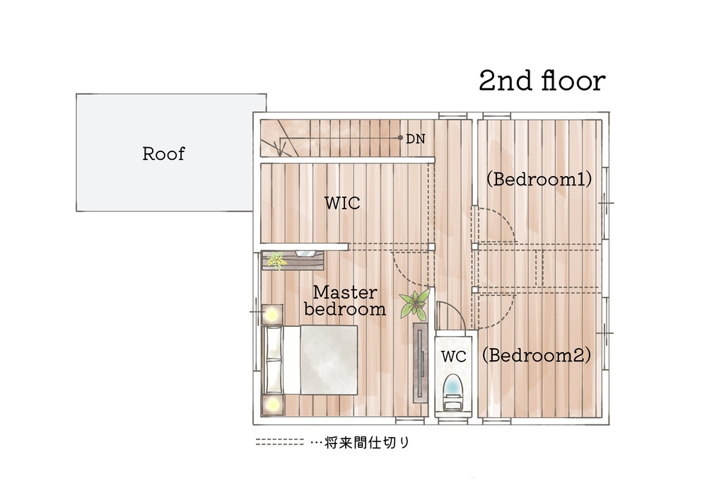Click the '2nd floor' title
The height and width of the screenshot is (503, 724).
pos(542,81)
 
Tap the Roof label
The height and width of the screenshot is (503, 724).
pos(163,154)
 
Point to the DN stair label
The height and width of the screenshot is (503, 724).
pos(416,139)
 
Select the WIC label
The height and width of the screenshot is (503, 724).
pos(342,203)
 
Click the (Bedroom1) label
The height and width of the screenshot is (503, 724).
pos(539,179)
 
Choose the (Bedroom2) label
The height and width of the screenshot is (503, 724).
pos(537,355)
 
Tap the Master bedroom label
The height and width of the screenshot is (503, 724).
pos(345,301)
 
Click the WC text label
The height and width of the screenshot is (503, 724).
pos(453,357)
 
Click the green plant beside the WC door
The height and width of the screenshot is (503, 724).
pos(416,304)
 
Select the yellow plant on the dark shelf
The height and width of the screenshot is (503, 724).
pos(276,260)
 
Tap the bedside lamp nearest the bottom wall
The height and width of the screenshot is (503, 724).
pos(272,405)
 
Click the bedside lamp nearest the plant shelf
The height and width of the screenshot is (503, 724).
pos(272,315)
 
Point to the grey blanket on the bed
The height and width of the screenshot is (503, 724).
pos(329,360)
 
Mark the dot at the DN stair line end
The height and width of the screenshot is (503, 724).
pos(400,138)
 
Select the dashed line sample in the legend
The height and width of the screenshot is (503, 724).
pos(280,442)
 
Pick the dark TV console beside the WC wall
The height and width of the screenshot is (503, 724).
pos(420,363)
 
